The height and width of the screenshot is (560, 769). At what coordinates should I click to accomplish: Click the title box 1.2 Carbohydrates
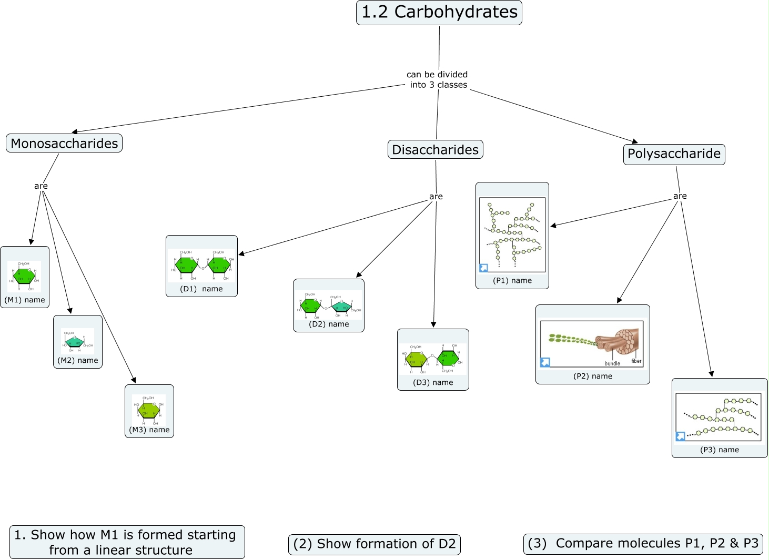pyautogui.click(x=439, y=12)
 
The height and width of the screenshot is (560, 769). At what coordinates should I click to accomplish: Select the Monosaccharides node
pyautogui.click(x=64, y=143)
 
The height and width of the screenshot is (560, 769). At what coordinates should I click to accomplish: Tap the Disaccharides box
pyautogui.click(x=435, y=149)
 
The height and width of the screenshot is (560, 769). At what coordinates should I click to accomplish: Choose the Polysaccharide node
pyautogui.click(x=674, y=154)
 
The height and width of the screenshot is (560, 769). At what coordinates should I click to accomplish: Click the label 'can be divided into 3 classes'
pyautogui.click(x=438, y=79)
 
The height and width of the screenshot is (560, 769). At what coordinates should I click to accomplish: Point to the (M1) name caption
pyautogui.click(x=25, y=300)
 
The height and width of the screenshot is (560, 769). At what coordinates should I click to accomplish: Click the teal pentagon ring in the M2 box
pyautogui.click(x=75, y=342)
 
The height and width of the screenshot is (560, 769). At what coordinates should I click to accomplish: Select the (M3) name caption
pyautogui.click(x=149, y=430)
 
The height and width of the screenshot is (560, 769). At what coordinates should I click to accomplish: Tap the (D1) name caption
pyautogui.click(x=201, y=289)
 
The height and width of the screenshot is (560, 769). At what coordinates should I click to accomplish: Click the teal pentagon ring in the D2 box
pyautogui.click(x=342, y=306)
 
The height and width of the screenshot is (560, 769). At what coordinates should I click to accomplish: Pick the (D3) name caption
pyautogui.click(x=433, y=382)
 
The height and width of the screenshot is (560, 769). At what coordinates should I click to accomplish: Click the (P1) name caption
pyautogui.click(x=512, y=280)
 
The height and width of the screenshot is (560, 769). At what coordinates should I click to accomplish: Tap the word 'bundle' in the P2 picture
pyautogui.click(x=612, y=363)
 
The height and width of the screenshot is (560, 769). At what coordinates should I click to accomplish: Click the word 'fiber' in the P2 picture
pyautogui.click(x=636, y=361)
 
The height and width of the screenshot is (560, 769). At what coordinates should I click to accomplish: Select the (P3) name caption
pyautogui.click(x=720, y=450)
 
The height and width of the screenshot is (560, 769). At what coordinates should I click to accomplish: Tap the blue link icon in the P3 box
pyautogui.click(x=681, y=436)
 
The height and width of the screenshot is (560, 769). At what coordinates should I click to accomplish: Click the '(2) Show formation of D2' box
pyautogui.click(x=375, y=544)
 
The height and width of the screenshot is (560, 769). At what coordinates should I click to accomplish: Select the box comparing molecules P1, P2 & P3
pyautogui.click(x=643, y=544)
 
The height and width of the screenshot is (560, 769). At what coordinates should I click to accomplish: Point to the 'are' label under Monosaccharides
pyautogui.click(x=41, y=186)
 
